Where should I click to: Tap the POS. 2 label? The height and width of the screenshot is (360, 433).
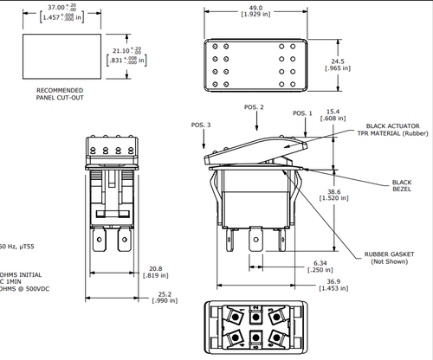coord(254,106)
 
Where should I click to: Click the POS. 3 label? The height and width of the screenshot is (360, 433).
coord(202,125)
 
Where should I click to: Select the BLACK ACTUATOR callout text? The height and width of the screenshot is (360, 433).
coord(388,125)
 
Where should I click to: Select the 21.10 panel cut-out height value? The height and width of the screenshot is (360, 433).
coord(115,50)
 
